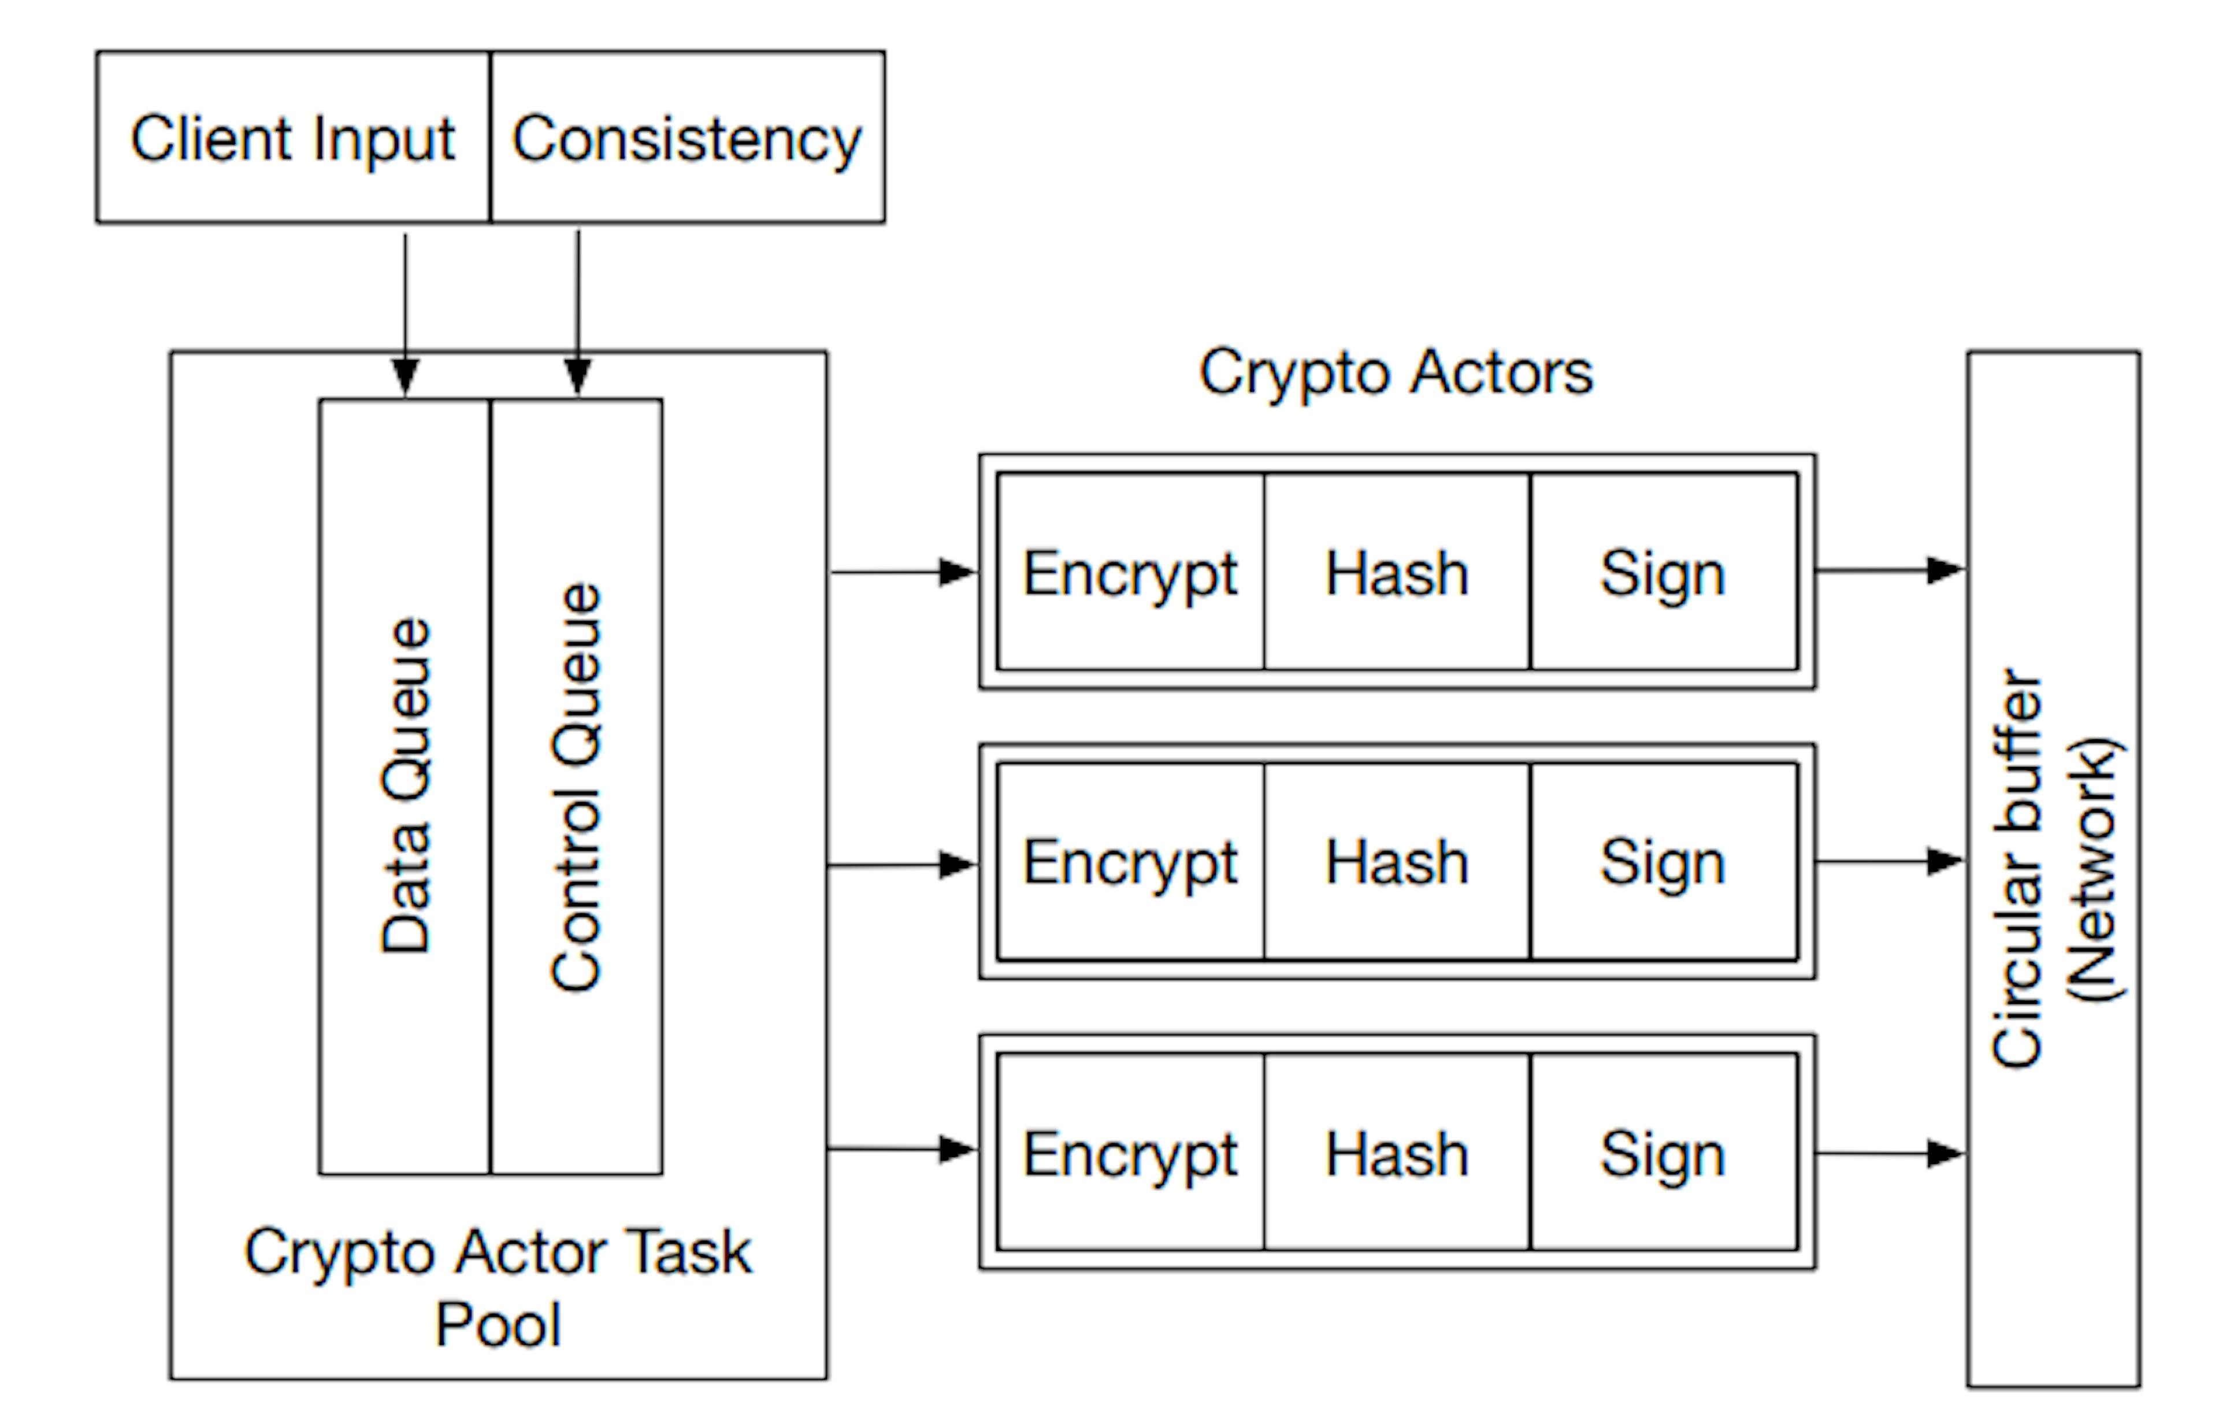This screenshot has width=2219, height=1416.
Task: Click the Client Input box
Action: point(293,138)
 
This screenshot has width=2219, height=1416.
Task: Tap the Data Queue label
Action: point(406,784)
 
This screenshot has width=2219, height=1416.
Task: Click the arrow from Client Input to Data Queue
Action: point(406,313)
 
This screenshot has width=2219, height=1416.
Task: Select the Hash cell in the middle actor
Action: point(1396,862)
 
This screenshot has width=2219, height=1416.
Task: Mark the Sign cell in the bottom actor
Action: point(1663,1153)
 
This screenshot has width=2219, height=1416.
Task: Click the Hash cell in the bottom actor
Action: point(1396,1153)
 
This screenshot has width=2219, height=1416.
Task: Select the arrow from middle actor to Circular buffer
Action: point(1889,862)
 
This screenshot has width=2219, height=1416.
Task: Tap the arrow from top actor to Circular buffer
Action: point(1889,570)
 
